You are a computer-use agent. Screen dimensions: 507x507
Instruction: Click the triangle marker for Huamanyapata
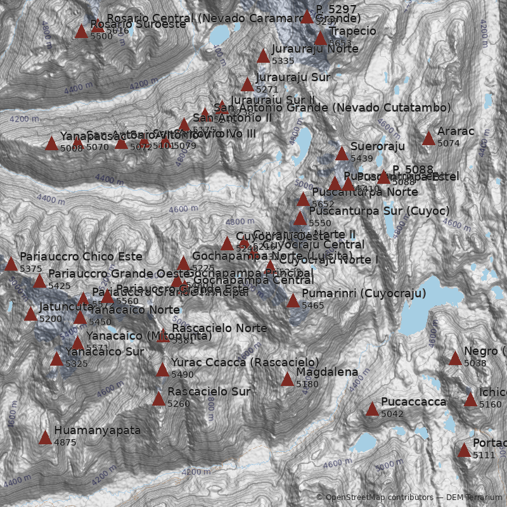pos(45,438)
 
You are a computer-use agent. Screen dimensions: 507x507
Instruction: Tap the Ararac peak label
pos(456,132)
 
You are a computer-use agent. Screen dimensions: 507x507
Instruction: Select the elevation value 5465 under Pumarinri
pos(312,305)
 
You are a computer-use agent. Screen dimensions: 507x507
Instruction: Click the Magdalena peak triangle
pos(287,380)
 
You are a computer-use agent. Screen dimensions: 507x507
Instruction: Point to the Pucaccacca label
pos(413,402)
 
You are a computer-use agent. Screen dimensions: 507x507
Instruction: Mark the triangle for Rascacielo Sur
pos(158,399)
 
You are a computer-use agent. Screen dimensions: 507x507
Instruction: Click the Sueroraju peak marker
pos(342,154)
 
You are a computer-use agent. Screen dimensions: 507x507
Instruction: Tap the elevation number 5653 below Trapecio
pos(340,42)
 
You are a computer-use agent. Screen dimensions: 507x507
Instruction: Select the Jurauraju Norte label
pos(306,49)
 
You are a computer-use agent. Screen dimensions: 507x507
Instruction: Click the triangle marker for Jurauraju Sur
pos(247,85)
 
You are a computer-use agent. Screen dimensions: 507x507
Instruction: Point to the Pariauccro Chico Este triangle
pos(11,264)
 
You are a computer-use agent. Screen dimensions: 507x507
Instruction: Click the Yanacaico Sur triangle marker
pos(56,359)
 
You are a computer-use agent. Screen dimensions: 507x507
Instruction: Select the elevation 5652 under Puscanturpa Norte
pos(323,204)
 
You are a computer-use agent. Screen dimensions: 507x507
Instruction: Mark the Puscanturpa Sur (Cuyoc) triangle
pos(300,219)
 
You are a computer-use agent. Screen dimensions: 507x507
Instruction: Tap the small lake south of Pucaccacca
pos(366,442)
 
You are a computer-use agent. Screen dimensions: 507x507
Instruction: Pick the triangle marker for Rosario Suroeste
pos(81,32)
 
